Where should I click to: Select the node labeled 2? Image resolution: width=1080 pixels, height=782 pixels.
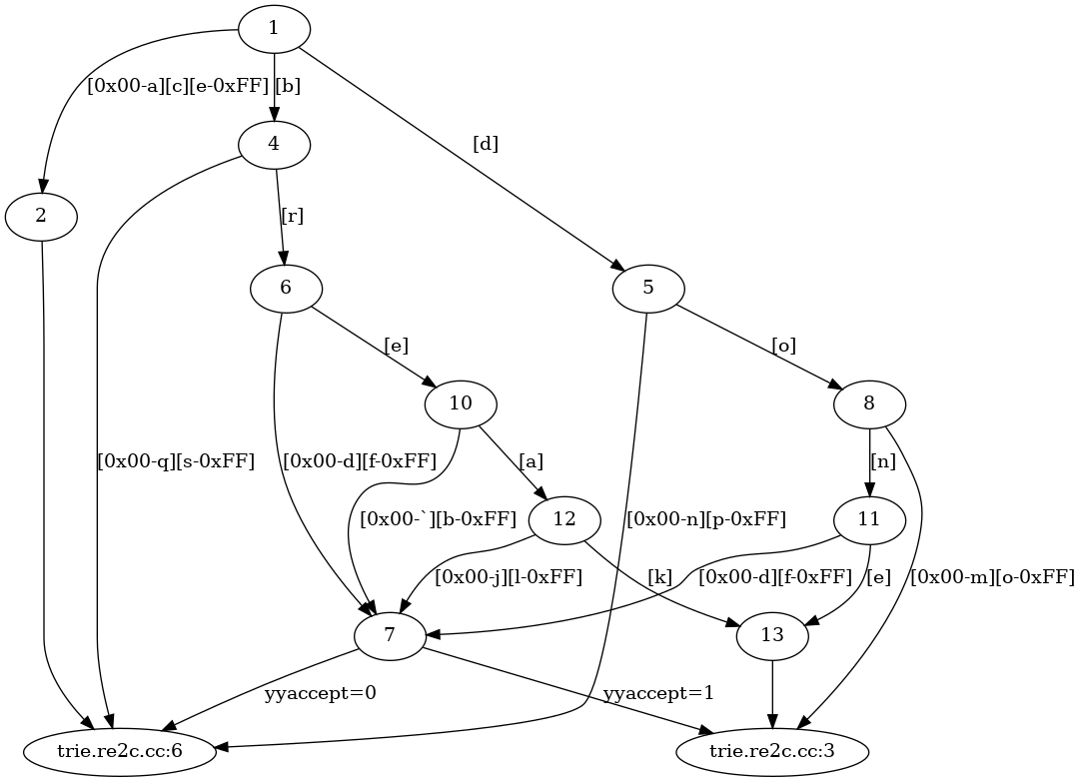pos(41,217)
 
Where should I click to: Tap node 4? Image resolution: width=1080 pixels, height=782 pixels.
pos(274,145)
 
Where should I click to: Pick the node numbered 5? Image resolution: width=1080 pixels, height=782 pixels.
pos(648,289)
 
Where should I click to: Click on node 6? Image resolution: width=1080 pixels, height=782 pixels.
pos(286,289)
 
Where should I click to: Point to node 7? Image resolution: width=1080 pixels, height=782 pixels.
pos(390,636)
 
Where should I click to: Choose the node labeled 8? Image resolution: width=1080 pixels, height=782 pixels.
pos(869,404)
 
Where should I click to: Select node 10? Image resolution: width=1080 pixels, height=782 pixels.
pos(461,404)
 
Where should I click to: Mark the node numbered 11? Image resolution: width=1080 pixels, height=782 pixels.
pos(869,520)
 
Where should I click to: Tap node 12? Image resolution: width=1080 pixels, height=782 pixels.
pos(564,520)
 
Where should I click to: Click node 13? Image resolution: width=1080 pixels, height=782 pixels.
pos(772,636)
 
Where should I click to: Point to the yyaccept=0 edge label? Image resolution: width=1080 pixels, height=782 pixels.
pos(320,692)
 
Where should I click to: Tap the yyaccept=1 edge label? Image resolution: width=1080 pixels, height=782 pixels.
pos(657,692)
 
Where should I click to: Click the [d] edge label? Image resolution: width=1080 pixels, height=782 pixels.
pos(485,144)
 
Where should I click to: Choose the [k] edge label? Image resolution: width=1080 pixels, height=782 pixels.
pos(660,576)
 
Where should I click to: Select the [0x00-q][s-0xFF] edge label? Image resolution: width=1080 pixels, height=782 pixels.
pos(176,461)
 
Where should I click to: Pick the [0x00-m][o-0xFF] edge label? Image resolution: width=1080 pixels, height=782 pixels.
pos(992,576)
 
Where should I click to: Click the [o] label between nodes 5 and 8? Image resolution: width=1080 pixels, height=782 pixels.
pos(783,347)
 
